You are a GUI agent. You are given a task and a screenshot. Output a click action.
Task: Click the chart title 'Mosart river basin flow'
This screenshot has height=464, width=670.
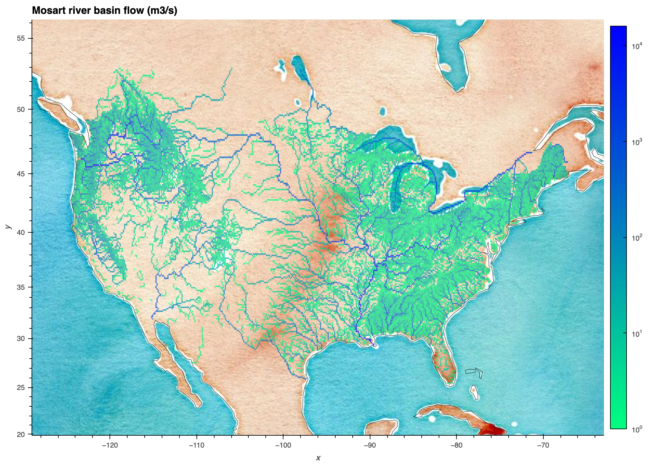[104, 11]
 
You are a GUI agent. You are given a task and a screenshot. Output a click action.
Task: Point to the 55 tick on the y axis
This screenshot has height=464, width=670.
[20, 38]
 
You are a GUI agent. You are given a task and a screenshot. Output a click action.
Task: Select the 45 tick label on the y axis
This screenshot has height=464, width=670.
[20, 174]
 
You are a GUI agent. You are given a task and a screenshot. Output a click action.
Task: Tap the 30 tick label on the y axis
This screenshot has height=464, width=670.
[20, 339]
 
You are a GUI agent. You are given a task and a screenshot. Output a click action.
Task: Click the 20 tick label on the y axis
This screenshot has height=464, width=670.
[20, 434]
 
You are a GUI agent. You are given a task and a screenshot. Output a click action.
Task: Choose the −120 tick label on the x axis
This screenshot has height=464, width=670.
[110, 445]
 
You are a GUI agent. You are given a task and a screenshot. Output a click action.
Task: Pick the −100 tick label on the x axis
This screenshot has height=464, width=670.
[283, 445]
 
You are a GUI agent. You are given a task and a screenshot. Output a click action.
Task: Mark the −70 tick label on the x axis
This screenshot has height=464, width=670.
[543, 445]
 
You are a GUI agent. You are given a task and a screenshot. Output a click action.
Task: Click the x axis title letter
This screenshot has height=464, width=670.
[318, 458]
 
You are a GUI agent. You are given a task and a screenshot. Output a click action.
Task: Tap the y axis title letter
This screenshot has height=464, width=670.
[8, 227]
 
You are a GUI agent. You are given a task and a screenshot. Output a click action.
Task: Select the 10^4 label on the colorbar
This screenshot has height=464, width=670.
[636, 46]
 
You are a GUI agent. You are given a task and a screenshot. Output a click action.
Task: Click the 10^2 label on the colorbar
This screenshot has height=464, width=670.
[636, 238]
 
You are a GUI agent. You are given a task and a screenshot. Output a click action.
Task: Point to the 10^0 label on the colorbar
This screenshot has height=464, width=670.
[636, 429]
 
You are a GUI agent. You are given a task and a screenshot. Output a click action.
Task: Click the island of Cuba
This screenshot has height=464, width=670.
[457, 414]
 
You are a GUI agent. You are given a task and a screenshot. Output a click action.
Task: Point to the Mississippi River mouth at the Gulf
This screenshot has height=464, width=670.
[373, 344]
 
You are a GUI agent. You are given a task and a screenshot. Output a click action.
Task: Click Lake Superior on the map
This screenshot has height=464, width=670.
[387, 139]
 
